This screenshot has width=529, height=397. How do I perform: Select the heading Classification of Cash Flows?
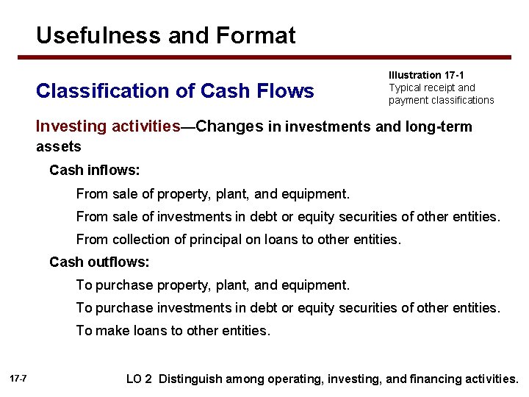coord(175,91)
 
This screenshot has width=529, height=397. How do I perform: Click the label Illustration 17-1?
coord(426,75)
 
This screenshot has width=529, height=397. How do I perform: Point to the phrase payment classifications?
coord(441,100)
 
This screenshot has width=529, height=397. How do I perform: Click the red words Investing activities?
coord(108,126)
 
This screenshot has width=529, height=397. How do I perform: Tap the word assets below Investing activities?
coord(59,146)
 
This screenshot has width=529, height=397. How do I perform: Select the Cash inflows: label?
coord(94,171)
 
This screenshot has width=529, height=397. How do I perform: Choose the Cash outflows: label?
coord(99,262)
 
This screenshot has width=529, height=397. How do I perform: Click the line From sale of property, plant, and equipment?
coord(213,195)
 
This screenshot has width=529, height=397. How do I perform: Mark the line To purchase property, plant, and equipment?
coord(213,285)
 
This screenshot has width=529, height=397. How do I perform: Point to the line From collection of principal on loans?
coord(239,239)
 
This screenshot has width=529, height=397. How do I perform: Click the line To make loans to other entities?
coord(173,330)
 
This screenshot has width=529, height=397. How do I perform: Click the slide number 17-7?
coord(19,378)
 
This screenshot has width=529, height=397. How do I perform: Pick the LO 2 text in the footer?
coord(139,379)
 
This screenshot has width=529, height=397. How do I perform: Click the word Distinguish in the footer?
coord(190,379)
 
